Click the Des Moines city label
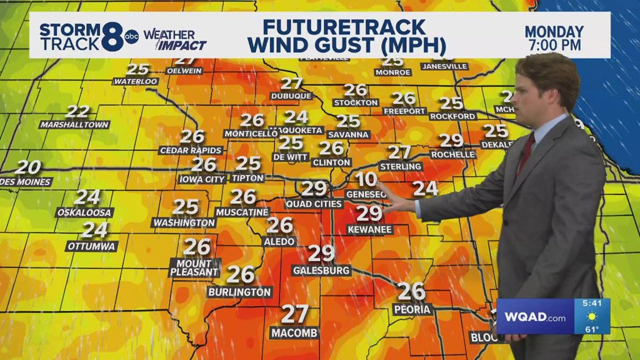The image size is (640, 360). pos(26,182)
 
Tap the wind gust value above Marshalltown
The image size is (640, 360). pos(77,112)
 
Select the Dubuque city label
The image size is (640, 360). pos(291,96)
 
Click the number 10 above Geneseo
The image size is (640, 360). pos(366,179)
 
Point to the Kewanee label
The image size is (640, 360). pos(369,230)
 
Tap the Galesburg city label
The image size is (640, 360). pos(321,270)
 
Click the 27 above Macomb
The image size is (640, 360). pos(295,313)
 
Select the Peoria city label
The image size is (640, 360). pos(412,309)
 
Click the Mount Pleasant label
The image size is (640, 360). pos(194,268)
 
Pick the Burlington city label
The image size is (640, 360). pos(240,292)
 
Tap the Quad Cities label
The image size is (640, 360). pos(314,204)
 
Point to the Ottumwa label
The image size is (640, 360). pos(91,246)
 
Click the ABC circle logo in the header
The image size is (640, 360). pos(131,36)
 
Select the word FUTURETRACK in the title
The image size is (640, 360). pos(344,27)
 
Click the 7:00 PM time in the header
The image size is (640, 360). pos(553,45)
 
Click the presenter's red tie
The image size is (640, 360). pos(526,154)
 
